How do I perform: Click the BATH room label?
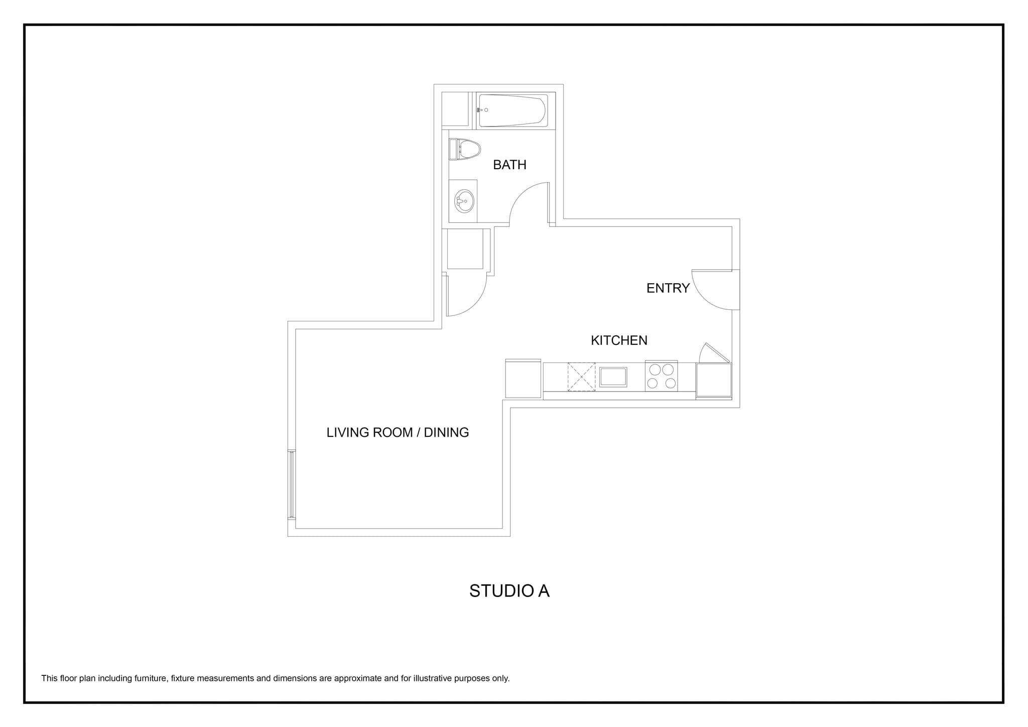coord(509,165)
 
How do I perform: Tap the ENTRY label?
coord(668,288)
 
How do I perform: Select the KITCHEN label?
coord(619,340)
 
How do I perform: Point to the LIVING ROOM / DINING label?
coord(398,432)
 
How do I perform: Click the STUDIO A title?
coord(509,591)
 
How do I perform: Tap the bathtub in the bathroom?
coord(512,110)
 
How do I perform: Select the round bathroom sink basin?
coord(464,201)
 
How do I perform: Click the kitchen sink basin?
coord(613,377)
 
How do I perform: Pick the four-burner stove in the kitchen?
coord(661,376)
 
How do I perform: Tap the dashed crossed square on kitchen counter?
coord(581,377)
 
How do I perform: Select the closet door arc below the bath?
coord(474,304)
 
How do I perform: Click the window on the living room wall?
coord(291,484)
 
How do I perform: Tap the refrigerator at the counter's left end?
coord(523,379)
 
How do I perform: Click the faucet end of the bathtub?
coord(482,110)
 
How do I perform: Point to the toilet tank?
coord(453,150)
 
